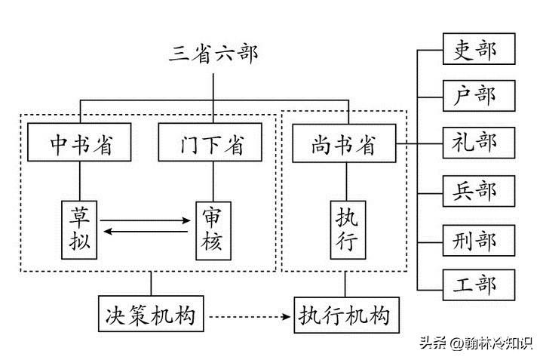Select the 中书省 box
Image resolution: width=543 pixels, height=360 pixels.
80,143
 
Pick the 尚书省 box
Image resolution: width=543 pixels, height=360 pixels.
344,143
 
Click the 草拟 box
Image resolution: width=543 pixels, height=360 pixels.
81,229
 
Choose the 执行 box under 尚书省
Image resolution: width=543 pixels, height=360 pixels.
347,229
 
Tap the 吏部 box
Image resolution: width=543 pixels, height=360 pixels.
478,51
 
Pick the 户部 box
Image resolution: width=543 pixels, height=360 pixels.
478,96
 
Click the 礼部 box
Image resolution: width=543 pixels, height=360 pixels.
478,143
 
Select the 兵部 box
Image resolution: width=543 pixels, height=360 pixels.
478,190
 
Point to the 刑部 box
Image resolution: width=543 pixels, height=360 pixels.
478,240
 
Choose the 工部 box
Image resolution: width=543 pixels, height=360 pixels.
478,285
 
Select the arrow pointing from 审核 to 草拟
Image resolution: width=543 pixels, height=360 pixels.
146,233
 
